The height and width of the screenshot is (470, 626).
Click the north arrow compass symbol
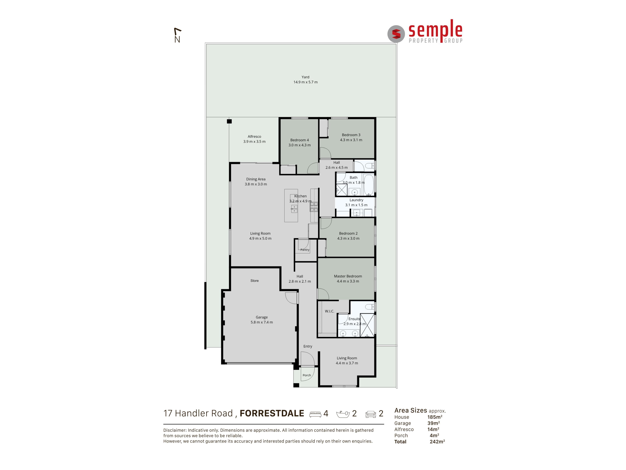click(x=177, y=35)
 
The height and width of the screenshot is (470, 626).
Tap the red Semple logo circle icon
click(x=396, y=34)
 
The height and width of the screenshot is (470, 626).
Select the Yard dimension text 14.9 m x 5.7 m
click(x=305, y=82)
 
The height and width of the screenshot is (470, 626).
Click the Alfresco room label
click(x=254, y=137)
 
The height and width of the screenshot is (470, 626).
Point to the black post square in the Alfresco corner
click(x=229, y=121)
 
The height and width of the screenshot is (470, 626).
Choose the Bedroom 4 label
click(x=299, y=140)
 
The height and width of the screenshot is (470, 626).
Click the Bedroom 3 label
click(x=351, y=135)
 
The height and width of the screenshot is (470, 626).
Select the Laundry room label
click(x=356, y=200)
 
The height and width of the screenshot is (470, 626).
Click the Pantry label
click(x=305, y=250)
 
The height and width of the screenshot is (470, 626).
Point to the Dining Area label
click(x=256, y=179)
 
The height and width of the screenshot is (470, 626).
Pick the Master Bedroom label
click(x=348, y=276)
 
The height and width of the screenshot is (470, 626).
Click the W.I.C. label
click(x=329, y=311)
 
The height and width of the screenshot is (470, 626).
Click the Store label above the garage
click(x=254, y=281)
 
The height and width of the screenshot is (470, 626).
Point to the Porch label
click(x=307, y=375)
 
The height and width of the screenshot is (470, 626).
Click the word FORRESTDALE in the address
click(x=272, y=413)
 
